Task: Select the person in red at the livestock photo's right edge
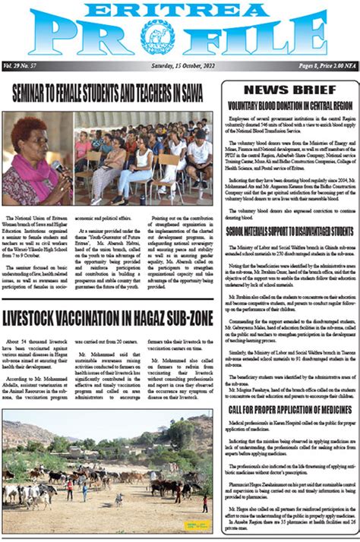coord(204,503)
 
